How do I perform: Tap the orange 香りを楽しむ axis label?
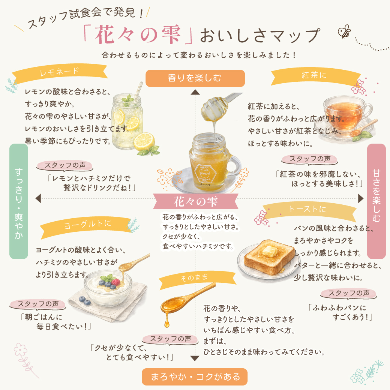point(195,78)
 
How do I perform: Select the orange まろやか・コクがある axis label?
point(195,377)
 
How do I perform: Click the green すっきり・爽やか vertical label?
point(19,201)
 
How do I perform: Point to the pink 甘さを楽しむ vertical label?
point(376,201)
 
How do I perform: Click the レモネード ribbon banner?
point(60,73)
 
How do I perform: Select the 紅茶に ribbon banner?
point(315,76)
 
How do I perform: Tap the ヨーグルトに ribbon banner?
point(86,227)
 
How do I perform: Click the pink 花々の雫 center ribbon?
point(196,201)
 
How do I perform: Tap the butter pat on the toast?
point(269,252)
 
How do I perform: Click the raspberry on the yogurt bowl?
point(115,282)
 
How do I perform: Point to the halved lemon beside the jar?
point(144,142)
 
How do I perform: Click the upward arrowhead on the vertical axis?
point(195,92)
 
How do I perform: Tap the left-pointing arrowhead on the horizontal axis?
point(38,198)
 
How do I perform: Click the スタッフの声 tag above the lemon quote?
point(64,166)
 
